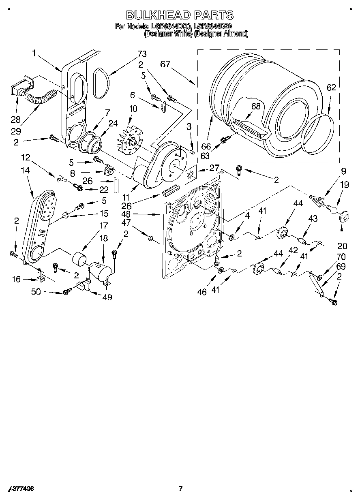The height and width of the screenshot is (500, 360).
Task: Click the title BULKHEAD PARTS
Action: [180, 15]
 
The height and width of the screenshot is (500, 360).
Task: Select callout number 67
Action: [165, 64]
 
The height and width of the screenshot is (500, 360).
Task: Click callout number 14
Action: [25, 171]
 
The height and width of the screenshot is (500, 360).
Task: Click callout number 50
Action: [36, 291]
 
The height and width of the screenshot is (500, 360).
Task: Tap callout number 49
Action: [107, 297]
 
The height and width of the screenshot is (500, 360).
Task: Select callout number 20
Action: [342, 246]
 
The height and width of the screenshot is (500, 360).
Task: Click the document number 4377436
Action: [20, 489]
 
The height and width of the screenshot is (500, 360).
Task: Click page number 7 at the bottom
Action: [181, 489]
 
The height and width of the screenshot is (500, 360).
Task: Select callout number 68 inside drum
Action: [255, 107]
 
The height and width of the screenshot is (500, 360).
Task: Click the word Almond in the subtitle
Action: [235, 34]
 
